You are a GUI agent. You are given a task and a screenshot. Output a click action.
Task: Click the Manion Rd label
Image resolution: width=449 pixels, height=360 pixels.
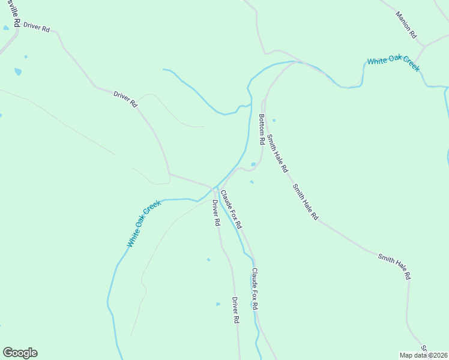click(x=406, y=25)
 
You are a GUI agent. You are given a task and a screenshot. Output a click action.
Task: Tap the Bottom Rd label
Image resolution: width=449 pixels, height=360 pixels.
click(x=261, y=130)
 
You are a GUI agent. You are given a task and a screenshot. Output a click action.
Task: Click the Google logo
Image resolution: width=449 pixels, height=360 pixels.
click(x=20, y=353)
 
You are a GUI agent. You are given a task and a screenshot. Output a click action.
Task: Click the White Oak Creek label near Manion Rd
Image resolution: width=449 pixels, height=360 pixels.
click(x=393, y=64)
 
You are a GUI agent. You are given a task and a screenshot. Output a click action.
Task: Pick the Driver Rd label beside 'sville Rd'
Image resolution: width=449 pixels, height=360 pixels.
click(x=37, y=28)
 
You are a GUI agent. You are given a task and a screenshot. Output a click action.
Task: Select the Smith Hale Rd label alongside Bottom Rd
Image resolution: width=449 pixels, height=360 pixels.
click(x=277, y=154)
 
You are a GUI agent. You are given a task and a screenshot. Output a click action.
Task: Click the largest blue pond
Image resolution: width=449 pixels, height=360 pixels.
click(x=18, y=72)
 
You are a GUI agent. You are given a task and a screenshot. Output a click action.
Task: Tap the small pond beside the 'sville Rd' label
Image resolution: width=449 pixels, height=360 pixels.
click(x=6, y=28)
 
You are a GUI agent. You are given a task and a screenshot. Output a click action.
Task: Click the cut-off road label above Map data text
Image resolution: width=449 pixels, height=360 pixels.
click(x=423, y=348)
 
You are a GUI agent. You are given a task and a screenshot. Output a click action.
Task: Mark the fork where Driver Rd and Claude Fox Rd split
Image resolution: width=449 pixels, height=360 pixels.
click(x=217, y=191)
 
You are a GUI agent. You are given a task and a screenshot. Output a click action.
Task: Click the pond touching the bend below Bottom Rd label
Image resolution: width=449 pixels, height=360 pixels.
click(x=253, y=164)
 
